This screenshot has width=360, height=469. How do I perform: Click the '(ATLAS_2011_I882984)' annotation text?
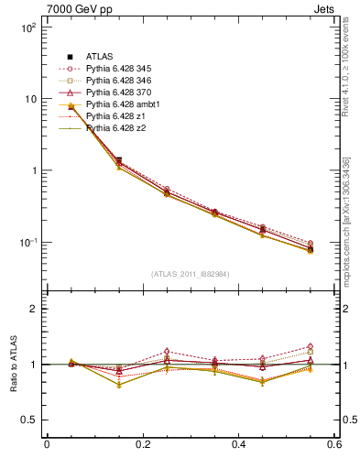191,272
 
